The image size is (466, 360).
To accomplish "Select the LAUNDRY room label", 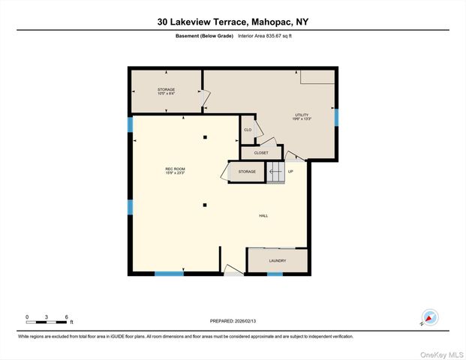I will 277,261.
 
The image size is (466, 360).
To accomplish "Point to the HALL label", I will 263,216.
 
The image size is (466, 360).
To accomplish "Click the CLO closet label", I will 247,130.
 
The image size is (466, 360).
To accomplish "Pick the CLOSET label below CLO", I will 260,152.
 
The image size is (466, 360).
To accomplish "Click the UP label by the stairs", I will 290,172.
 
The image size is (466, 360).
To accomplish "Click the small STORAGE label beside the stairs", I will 247,172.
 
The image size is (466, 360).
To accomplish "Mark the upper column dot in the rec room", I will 205,136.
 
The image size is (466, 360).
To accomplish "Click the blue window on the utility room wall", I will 336,117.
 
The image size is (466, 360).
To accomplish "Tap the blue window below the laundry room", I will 275,274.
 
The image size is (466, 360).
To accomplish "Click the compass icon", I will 430,318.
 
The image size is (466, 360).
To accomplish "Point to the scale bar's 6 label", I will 67,317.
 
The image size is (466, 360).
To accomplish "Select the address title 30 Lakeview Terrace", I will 233,22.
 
